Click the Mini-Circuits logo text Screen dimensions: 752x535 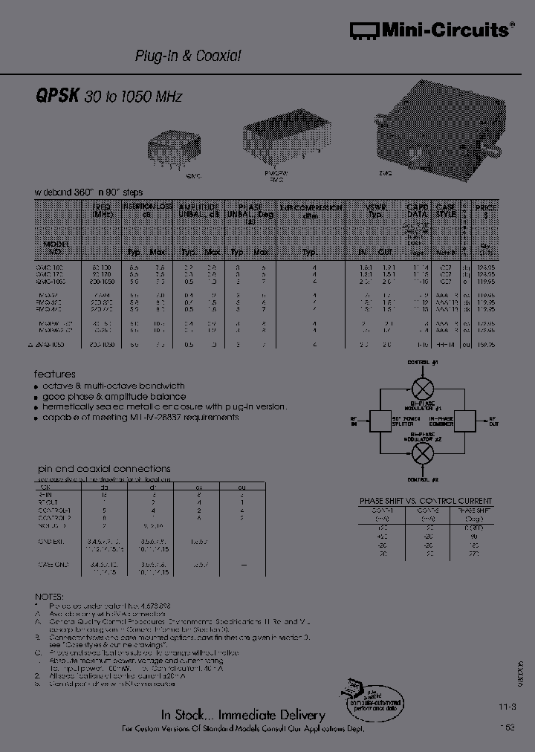click(x=438, y=30)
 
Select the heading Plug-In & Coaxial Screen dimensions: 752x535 click(x=187, y=56)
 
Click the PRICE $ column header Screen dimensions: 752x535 click(x=486, y=211)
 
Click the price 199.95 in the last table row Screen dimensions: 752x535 click(x=486, y=345)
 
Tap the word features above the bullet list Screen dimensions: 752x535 click(x=55, y=375)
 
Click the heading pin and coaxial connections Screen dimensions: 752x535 click(x=104, y=469)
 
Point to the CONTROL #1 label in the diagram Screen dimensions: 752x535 click(x=424, y=362)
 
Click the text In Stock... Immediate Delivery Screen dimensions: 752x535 click(x=243, y=715)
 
